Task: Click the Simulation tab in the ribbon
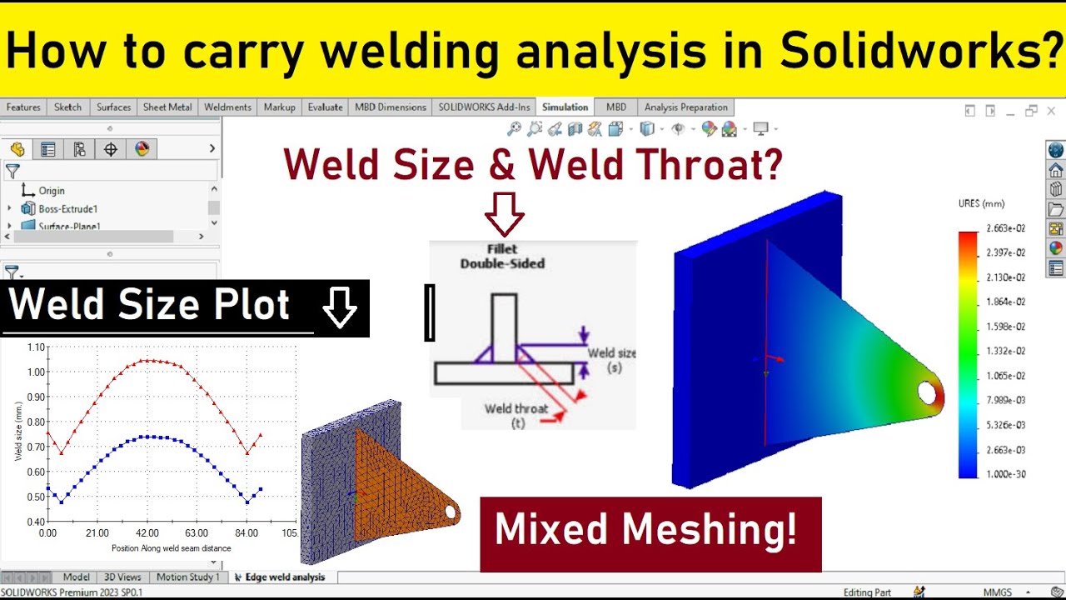(565, 107)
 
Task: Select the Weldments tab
(227, 107)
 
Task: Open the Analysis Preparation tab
(685, 107)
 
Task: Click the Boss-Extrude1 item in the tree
(67, 208)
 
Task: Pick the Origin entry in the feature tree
(51, 191)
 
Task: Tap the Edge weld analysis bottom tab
(284, 577)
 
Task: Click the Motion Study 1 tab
(187, 577)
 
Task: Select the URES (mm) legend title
(981, 204)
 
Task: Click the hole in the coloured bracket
(926, 392)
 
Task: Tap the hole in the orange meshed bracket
(451, 512)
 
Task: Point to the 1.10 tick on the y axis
(35, 347)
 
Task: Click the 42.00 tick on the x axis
(147, 533)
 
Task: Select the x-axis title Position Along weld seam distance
(172, 548)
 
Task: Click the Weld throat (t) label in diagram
(516, 415)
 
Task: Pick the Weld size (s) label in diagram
(612, 360)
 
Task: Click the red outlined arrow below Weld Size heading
(505, 214)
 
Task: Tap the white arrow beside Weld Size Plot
(339, 308)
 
